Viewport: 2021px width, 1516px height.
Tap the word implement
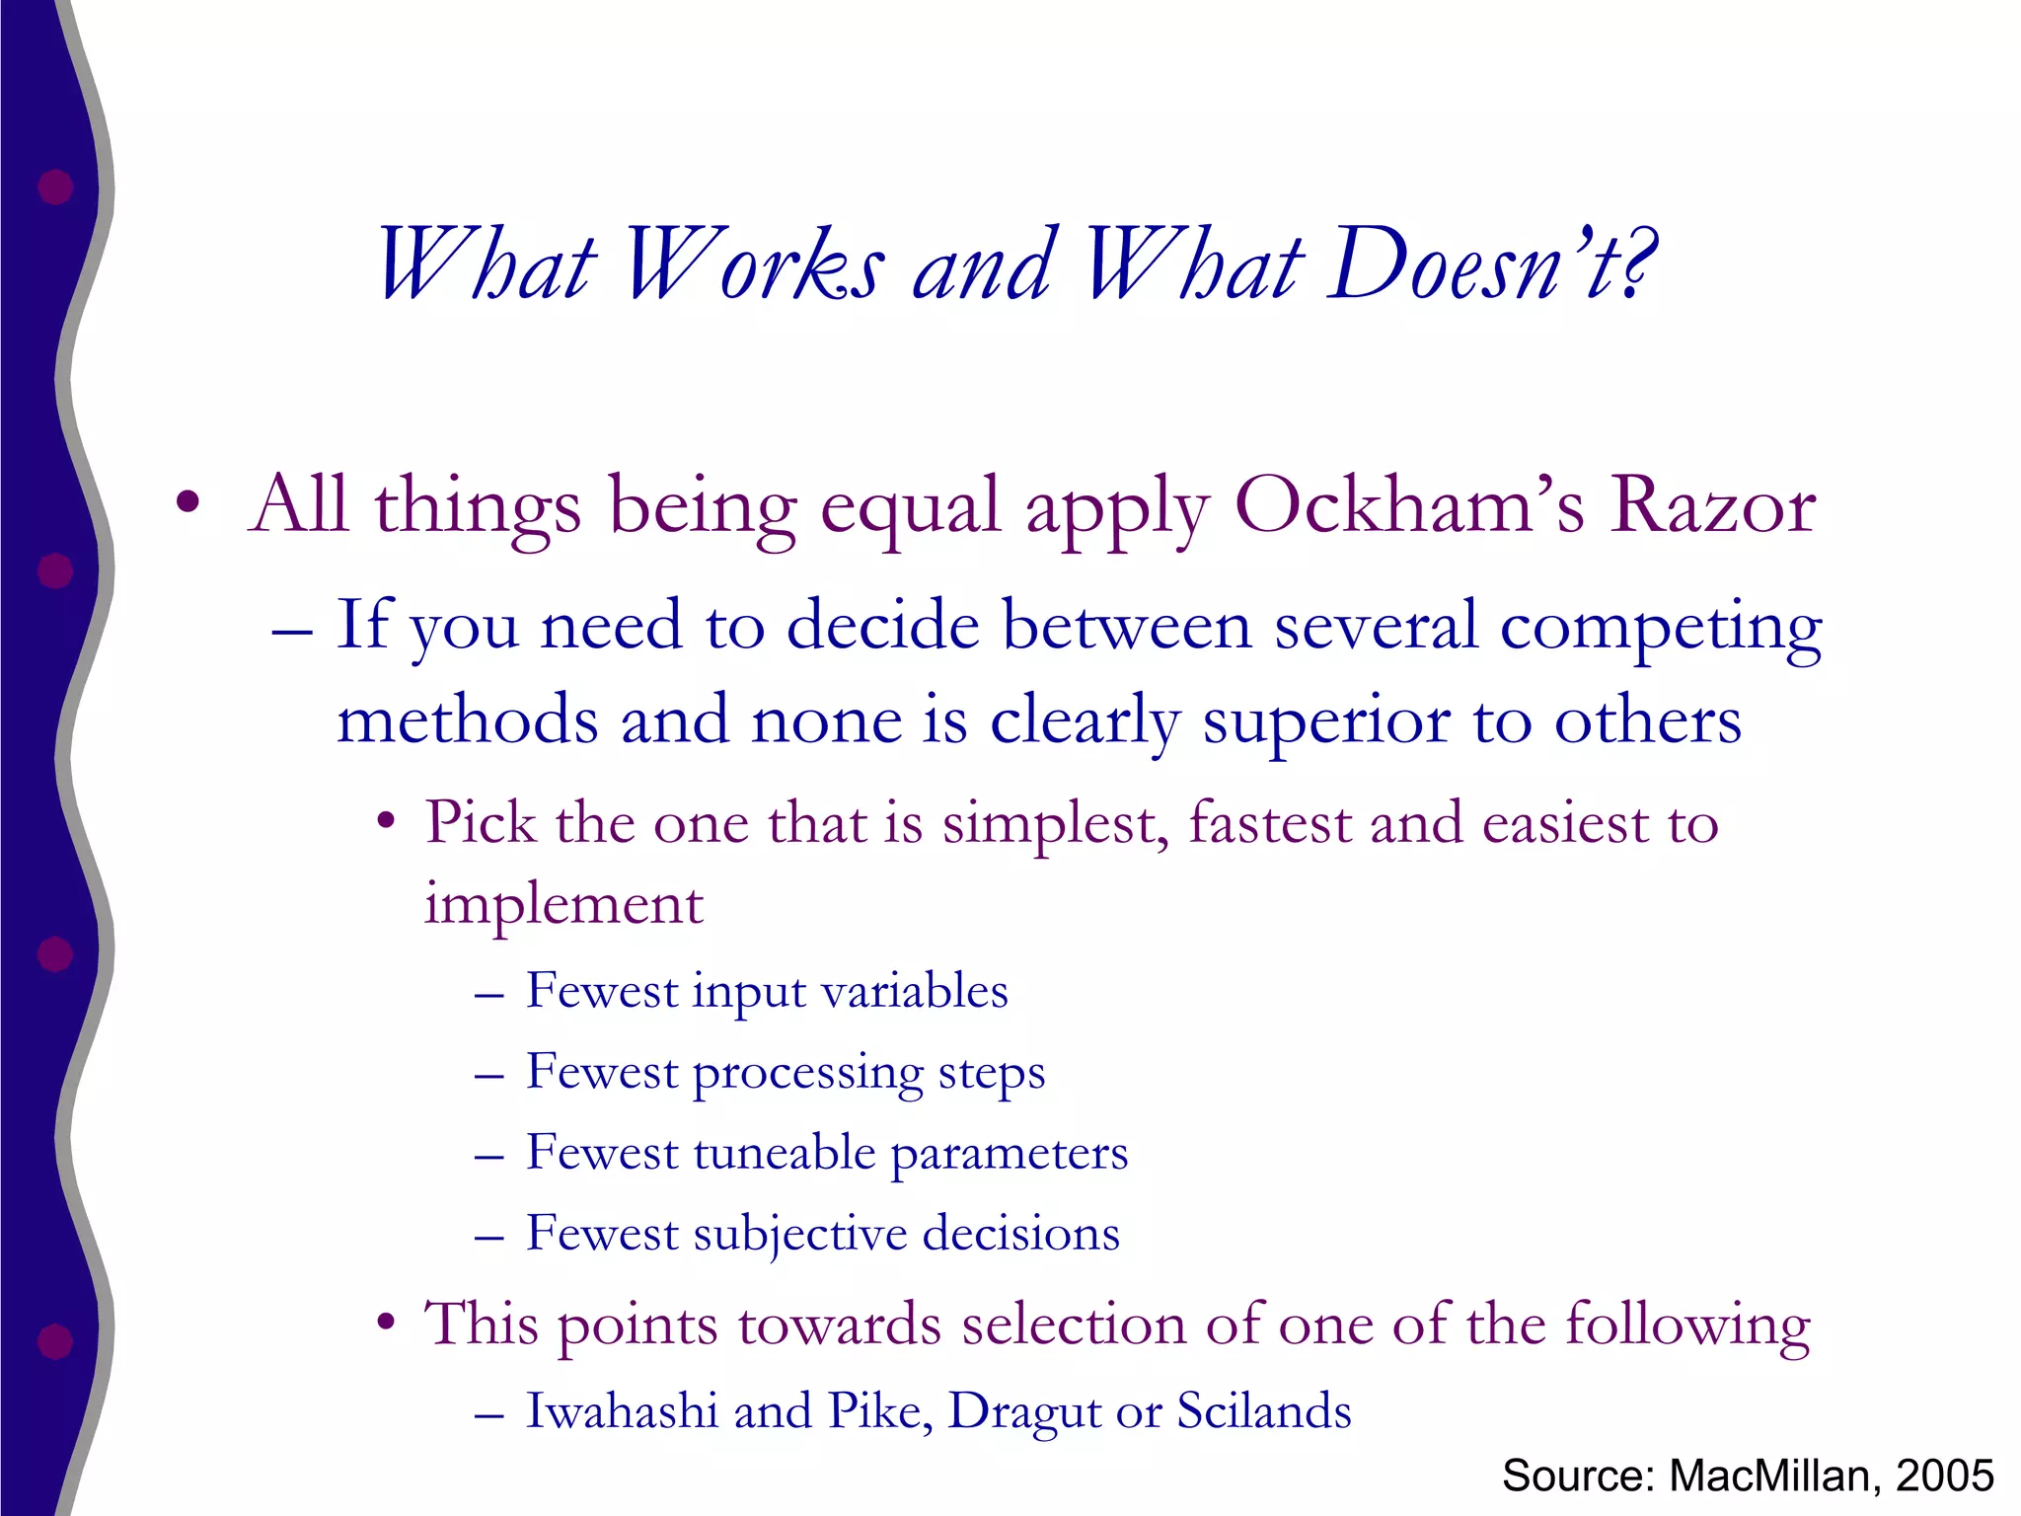point(563,904)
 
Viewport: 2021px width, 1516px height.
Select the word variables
point(915,991)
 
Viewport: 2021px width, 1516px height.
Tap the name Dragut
point(1022,1412)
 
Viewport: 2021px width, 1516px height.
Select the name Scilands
point(1264,1410)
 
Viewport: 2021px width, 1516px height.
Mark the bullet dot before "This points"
point(387,1322)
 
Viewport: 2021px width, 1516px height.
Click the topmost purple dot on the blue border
point(55,187)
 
